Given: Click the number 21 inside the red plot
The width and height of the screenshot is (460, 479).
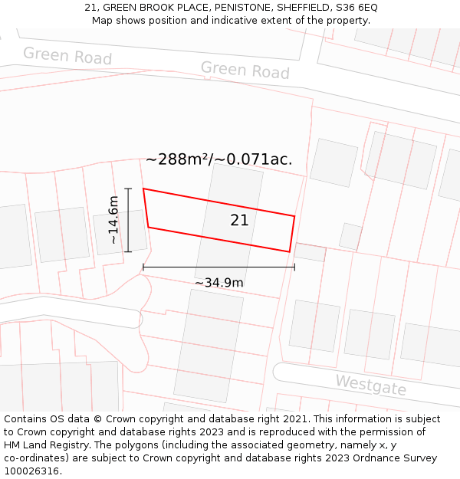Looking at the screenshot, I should (x=239, y=221).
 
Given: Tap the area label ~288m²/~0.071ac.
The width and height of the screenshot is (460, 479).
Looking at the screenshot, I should (x=219, y=159).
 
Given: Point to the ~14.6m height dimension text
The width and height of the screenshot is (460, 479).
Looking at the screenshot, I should (x=113, y=219).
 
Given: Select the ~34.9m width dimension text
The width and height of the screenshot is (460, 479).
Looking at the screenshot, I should (x=219, y=283).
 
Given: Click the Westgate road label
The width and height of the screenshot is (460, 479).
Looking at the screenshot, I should (x=370, y=384).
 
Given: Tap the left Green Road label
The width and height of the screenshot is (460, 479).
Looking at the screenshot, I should (x=67, y=55).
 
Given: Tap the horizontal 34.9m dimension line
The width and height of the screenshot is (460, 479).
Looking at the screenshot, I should (x=219, y=267).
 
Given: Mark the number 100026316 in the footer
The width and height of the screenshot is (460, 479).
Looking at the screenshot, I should (x=30, y=471).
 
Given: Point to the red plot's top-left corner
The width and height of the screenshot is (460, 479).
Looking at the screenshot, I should (x=143, y=189).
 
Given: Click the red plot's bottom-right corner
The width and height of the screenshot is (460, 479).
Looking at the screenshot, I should (x=289, y=251).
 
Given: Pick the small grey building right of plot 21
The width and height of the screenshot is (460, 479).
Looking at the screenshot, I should (x=350, y=236).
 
